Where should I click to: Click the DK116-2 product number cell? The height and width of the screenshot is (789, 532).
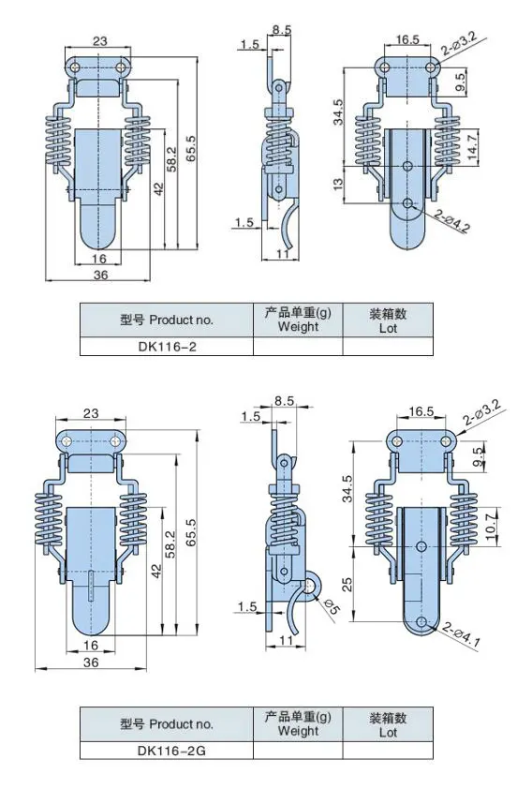pyautogui.click(x=167, y=346)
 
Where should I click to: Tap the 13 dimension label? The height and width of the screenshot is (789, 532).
pyautogui.click(x=338, y=184)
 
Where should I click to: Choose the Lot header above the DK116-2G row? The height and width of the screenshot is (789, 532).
pyautogui.click(x=389, y=724)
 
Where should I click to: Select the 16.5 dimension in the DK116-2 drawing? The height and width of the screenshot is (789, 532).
pyautogui.click(x=407, y=40)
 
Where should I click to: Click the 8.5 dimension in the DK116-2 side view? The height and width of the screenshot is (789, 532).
pyautogui.click(x=281, y=29)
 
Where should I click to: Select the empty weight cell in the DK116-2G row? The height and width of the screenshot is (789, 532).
pyautogui.click(x=298, y=750)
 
